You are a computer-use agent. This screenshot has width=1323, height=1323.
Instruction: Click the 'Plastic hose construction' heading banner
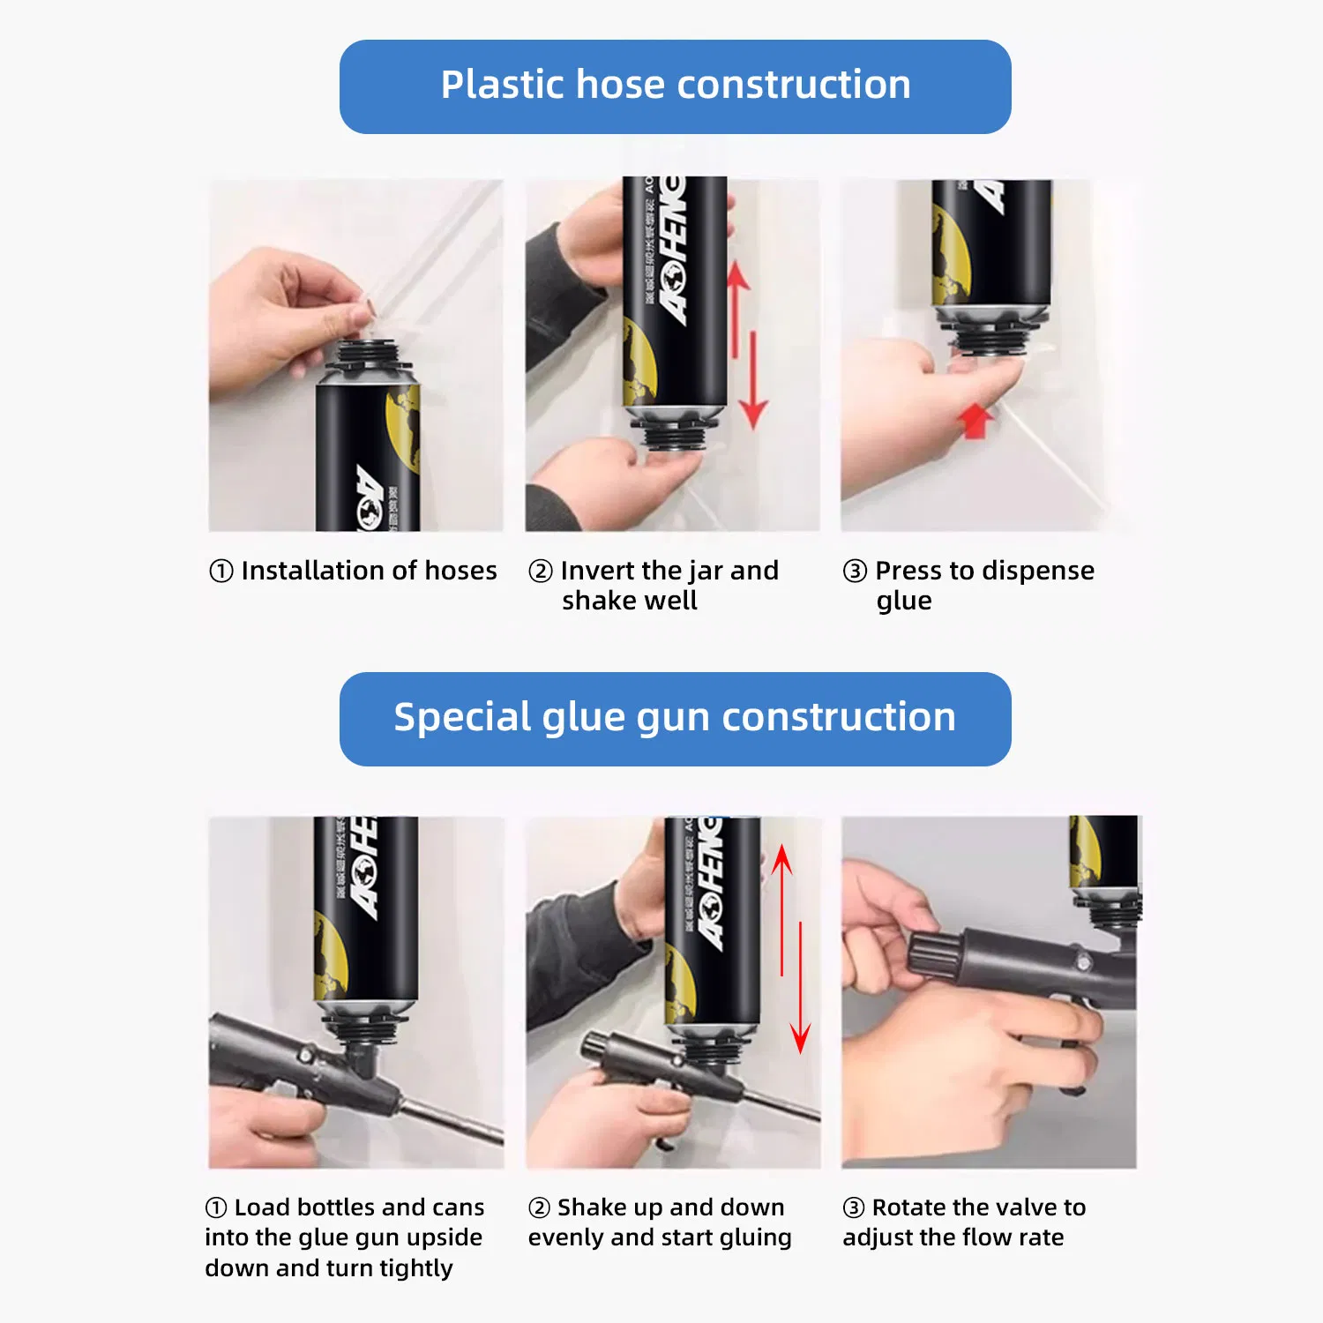675,86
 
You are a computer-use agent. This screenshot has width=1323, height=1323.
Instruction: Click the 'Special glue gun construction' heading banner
675,718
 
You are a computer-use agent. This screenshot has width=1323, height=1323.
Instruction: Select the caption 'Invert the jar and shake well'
653,586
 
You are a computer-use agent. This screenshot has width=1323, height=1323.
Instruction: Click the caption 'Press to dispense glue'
968,586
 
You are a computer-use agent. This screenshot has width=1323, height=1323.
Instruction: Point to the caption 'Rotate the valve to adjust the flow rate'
963,1222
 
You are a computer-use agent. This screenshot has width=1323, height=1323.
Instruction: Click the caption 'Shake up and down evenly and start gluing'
660,1222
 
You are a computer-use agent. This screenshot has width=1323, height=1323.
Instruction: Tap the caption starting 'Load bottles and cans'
344,1237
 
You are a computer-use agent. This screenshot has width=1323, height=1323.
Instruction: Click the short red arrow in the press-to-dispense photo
975,420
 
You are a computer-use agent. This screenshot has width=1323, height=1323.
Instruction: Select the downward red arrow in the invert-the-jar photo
753,379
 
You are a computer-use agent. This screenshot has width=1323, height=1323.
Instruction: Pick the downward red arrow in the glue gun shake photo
800,988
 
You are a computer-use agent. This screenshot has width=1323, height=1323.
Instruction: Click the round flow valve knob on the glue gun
937,953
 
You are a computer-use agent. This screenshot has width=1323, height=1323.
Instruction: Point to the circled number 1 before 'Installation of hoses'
220,572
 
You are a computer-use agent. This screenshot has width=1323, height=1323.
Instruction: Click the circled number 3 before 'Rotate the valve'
854,1207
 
